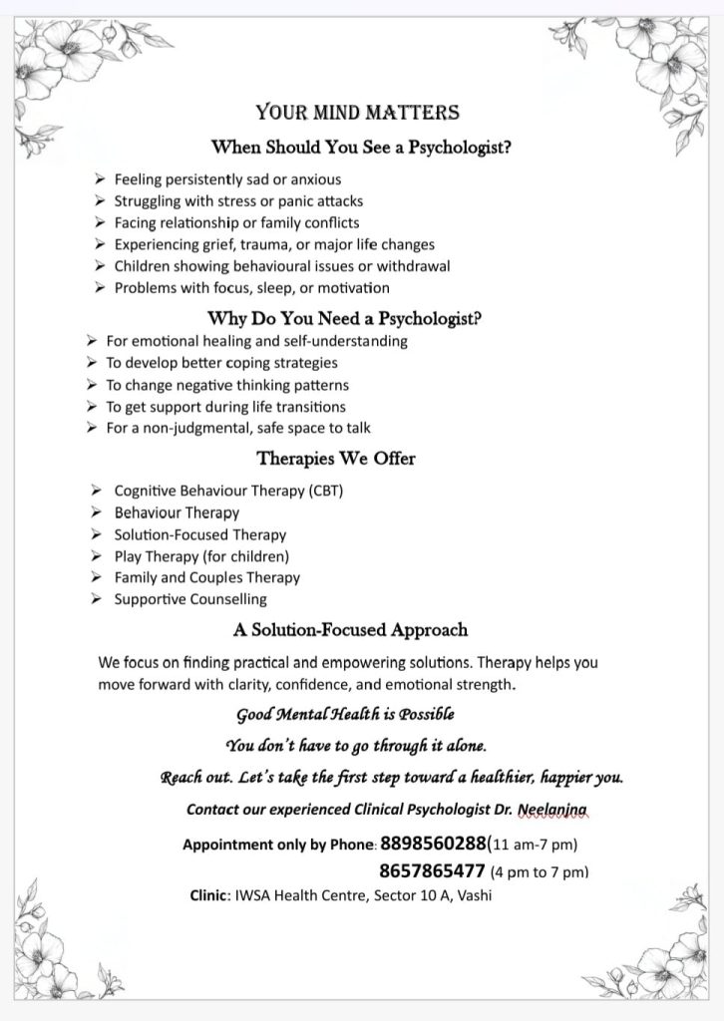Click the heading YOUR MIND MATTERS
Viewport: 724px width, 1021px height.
357,113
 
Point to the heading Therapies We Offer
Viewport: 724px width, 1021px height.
336,459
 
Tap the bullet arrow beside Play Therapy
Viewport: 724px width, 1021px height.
96,555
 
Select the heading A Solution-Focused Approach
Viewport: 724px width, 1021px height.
350,630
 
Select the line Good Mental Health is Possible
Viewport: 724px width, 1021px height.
345,714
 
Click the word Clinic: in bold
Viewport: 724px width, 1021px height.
211,895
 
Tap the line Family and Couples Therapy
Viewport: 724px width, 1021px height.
206,577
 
